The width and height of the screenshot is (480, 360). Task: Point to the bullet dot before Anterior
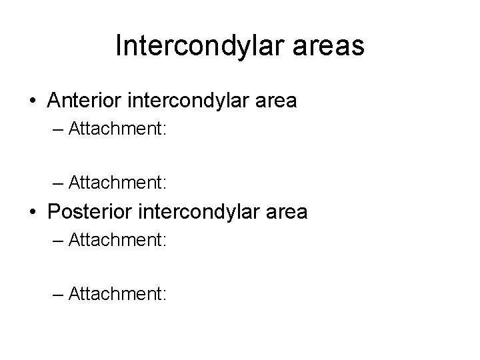click(x=33, y=102)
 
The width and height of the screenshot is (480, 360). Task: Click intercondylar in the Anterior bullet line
click(x=196, y=101)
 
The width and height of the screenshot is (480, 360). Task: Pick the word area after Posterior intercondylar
click(x=287, y=213)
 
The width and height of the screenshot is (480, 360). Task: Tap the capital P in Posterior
click(x=54, y=213)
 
